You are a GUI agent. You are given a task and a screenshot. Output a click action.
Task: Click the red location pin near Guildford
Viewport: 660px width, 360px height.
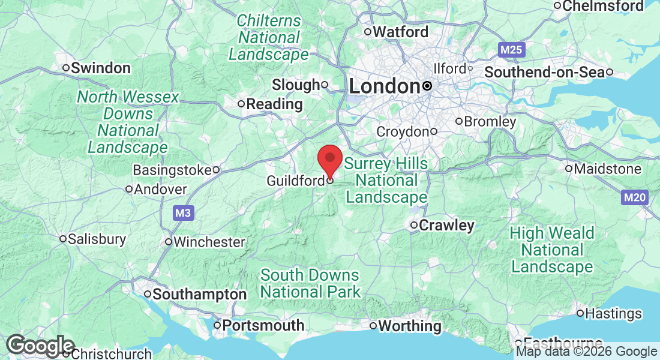(329, 159)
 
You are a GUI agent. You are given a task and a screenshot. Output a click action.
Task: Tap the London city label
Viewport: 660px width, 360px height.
(384, 86)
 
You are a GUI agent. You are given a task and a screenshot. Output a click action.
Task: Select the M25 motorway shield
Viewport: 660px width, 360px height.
(511, 50)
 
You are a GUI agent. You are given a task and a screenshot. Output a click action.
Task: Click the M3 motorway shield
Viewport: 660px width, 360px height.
(184, 212)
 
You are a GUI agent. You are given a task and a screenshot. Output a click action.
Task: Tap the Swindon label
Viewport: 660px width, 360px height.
(100, 68)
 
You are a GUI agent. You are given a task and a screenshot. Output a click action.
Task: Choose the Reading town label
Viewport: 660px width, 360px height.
(274, 104)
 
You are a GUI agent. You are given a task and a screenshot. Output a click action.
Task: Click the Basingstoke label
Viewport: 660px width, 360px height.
(172, 170)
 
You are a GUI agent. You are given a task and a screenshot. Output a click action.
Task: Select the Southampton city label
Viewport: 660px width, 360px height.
(199, 295)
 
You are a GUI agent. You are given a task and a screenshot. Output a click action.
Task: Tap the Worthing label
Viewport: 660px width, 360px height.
(410, 326)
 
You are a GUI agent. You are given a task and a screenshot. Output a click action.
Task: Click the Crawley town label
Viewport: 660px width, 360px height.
(446, 226)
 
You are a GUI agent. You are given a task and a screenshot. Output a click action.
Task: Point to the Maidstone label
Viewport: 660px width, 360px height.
(607, 169)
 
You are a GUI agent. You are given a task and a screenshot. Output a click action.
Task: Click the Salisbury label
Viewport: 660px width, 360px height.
(97, 239)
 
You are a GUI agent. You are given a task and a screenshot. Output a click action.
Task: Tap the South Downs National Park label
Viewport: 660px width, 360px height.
(310, 284)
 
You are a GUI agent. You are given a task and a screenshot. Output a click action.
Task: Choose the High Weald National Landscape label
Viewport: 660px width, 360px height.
(552, 250)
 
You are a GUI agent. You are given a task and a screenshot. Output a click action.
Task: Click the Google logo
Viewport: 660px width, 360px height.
(40, 346)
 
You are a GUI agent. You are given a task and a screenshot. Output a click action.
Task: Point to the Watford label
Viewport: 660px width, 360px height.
(401, 32)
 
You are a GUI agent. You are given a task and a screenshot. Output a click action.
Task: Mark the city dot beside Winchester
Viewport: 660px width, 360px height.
(169, 242)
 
